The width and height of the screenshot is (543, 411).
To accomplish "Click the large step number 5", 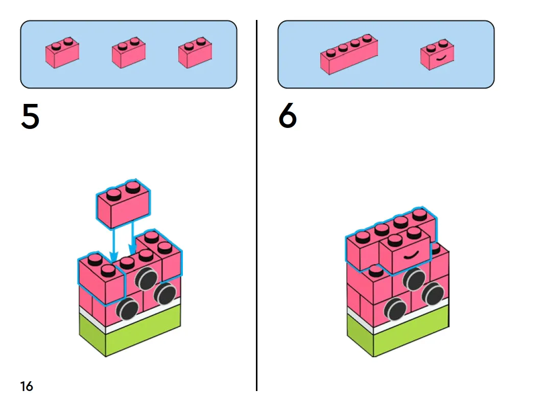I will pos(30,117).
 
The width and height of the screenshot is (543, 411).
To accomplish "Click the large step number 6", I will pos(288,117).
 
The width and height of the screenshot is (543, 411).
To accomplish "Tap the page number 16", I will pos(27,386).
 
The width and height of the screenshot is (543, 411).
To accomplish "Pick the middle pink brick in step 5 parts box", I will pos(128,54).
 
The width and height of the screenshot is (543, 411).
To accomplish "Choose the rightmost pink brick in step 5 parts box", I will pos(195,54).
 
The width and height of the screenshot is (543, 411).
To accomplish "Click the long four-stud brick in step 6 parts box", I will pos(349,55).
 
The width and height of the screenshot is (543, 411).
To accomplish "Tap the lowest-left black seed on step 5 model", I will pos(127,309).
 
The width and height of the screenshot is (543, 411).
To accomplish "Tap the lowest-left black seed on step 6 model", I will pos(395,309).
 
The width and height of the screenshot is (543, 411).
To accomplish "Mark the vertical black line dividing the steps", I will pos(256,205).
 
